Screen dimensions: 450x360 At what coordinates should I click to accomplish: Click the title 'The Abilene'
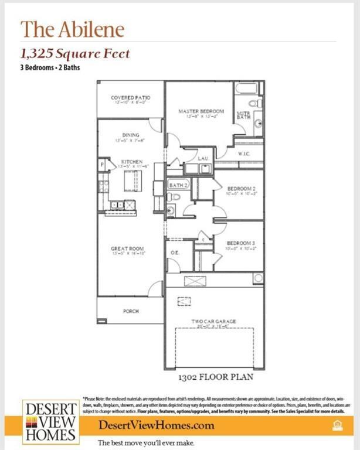[73, 29]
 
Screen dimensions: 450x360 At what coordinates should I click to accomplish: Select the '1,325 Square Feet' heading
[75, 54]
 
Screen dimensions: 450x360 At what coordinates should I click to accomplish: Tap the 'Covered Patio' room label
[131, 98]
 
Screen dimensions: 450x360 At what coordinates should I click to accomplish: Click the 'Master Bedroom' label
[201, 111]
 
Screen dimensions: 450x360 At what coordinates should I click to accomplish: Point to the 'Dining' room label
[130, 135]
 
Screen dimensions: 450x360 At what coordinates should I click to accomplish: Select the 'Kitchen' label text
[131, 162]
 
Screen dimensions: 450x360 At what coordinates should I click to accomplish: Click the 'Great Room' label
[127, 249]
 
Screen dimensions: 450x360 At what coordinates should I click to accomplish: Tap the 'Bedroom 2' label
[240, 189]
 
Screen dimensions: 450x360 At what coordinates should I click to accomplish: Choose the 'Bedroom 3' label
[240, 243]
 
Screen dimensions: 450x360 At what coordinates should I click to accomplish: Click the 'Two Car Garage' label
[213, 321]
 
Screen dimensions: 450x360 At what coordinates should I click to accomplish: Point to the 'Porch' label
[131, 311]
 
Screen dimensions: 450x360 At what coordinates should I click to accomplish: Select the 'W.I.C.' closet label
[244, 155]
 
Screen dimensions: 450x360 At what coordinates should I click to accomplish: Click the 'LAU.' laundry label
[203, 159]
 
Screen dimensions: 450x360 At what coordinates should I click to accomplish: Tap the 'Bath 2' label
[178, 185]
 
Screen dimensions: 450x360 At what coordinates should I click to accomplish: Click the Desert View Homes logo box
[51, 421]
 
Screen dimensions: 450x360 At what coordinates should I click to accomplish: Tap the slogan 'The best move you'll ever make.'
[145, 443]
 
